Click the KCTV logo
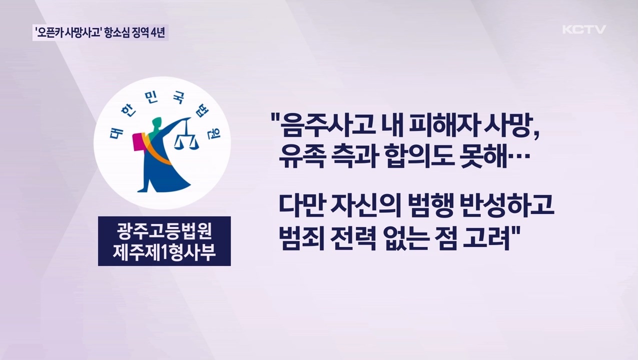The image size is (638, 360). pos(584,29)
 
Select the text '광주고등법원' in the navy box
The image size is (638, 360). pos(164,231)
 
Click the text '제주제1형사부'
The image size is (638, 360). pos(164,251)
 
